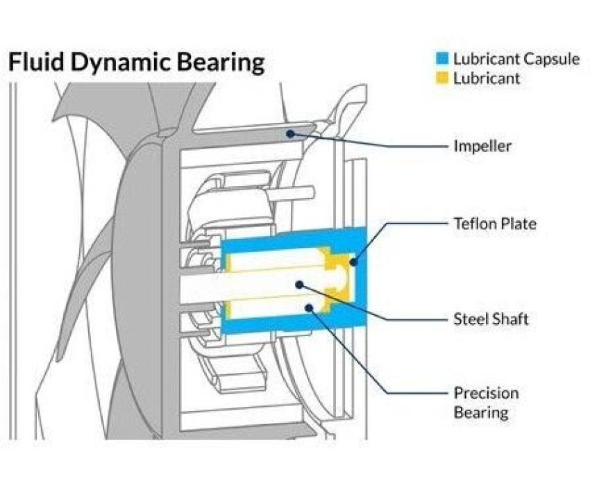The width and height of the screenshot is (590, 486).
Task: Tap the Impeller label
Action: coord(483,146)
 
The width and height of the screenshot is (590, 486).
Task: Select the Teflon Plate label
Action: coord(495,224)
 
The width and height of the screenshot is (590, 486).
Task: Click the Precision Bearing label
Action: coord(486,403)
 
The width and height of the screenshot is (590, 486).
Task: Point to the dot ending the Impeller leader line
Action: coord(289,132)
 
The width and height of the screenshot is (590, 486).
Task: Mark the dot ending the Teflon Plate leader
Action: coord(353,263)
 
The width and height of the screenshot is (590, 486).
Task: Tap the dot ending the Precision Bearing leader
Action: coord(310,308)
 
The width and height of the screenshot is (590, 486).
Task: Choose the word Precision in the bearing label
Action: coord(486,393)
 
